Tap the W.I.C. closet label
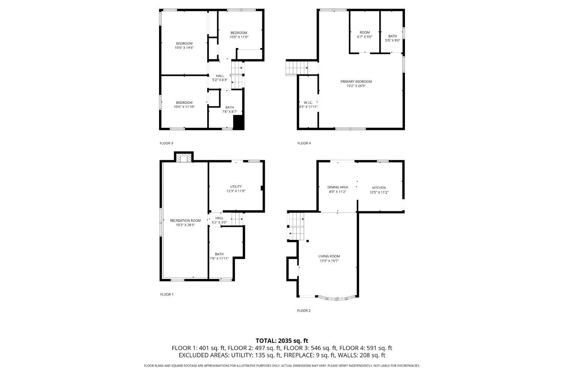[308, 105]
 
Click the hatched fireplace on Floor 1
[184, 158]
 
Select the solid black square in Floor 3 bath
[238, 122]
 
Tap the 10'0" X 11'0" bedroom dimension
[239, 37]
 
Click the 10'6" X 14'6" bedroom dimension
[184, 48]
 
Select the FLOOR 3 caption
[167, 143]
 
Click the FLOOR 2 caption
[304, 311]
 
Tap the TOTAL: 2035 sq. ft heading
[282, 341]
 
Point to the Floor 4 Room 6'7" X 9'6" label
[365, 35]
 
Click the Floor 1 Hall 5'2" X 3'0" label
[219, 220]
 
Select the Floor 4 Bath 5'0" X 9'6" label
[393, 38]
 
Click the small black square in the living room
[308, 241]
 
